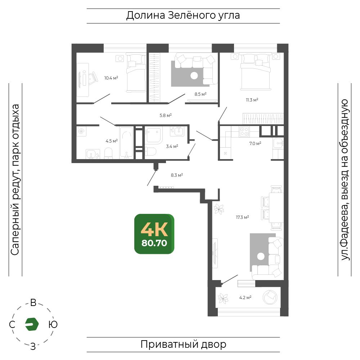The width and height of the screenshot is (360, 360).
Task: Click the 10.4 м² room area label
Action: click(x=111, y=78)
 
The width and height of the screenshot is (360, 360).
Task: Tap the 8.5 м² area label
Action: click(x=201, y=94)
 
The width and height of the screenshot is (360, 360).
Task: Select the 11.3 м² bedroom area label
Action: click(x=252, y=100)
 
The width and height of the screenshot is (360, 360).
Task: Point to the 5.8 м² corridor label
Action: click(x=166, y=116)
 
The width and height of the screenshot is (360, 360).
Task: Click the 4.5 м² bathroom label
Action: click(x=112, y=141)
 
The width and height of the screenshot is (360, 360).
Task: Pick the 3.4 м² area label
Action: click(x=172, y=146)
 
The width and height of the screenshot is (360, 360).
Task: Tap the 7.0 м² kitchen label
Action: click(x=255, y=144)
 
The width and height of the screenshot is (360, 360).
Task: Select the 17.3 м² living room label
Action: click(x=242, y=217)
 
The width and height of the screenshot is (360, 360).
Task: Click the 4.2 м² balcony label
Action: click(x=245, y=298)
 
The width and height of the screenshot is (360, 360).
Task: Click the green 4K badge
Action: click(x=154, y=234)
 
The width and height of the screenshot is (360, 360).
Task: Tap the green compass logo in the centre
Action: click(x=32, y=324)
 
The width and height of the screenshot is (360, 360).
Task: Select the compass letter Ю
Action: click(x=53, y=325)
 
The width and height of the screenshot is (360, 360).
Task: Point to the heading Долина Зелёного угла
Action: click(x=183, y=15)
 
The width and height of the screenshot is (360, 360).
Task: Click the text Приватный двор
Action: click(x=183, y=345)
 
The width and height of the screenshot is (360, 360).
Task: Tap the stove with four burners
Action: click(x=244, y=131)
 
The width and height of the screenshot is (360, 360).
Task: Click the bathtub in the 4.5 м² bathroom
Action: click(x=126, y=143)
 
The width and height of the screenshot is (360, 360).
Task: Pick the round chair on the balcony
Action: click(x=270, y=297)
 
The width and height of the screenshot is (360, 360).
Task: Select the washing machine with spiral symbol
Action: click(x=81, y=131)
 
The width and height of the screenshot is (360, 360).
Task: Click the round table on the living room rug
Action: click(x=261, y=256)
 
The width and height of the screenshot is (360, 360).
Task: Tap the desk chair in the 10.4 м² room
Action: click(x=93, y=78)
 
